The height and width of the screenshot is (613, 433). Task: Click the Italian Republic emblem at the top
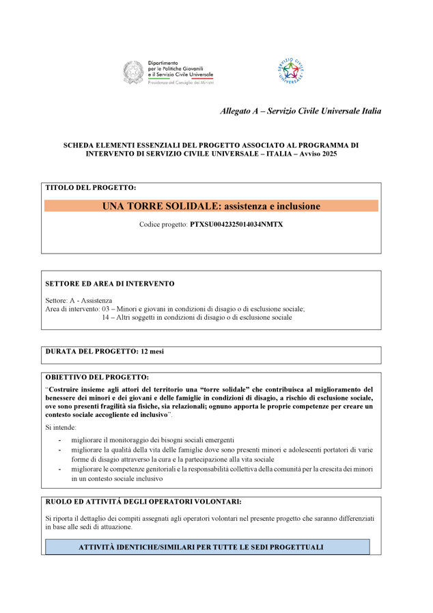point(133,72)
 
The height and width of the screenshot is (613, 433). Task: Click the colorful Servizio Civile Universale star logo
point(290,70)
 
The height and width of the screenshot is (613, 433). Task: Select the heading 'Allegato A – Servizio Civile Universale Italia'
point(301,111)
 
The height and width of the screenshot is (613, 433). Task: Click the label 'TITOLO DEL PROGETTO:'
point(91,187)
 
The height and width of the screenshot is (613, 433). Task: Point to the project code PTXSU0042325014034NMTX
point(236,224)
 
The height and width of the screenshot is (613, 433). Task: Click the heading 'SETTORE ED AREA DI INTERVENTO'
point(109,283)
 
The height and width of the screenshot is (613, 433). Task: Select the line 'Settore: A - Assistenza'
point(79,300)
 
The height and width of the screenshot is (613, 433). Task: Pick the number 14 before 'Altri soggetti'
point(106,317)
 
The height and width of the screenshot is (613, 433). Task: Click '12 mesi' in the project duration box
point(152,351)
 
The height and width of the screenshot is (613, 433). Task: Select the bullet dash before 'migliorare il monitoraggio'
point(60,439)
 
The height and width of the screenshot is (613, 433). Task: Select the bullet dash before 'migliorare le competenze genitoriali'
point(60,469)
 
